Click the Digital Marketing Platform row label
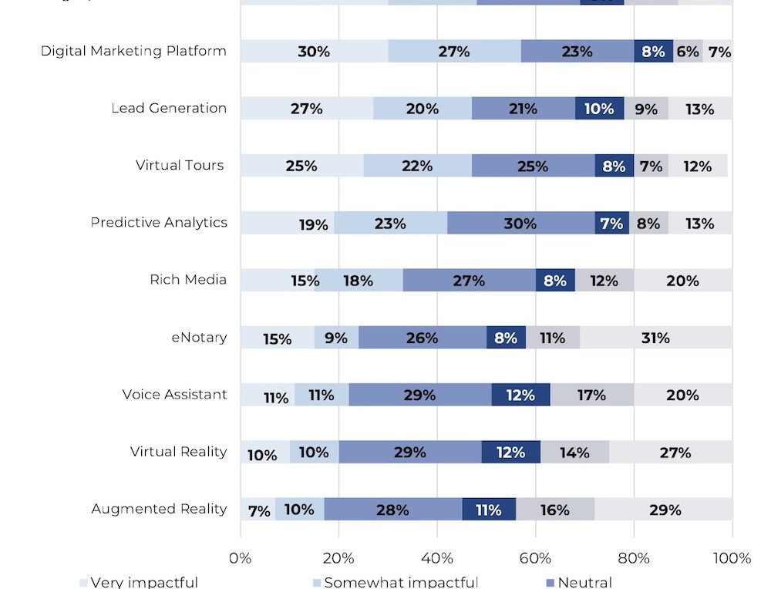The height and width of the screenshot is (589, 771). pos(133,52)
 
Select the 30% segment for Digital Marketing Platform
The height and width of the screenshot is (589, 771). pos(314,52)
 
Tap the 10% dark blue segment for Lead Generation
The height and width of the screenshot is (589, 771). pos(599,109)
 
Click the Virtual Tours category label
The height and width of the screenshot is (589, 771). pos(180,166)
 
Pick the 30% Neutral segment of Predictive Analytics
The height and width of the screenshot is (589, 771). pos(520,223)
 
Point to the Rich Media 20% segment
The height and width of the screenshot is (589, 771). pos(682,281)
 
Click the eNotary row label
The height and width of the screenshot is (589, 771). pos(199,338)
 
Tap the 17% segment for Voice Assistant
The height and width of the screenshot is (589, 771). pos(591,395)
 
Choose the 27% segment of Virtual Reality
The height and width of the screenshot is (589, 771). pos(675,452)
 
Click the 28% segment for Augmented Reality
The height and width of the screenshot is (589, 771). pos(392,510)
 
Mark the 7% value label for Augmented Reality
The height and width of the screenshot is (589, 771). pos(259,510)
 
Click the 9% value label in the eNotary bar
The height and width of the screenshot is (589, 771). pos(336,338)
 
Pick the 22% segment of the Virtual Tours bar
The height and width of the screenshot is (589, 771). pos(417,166)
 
